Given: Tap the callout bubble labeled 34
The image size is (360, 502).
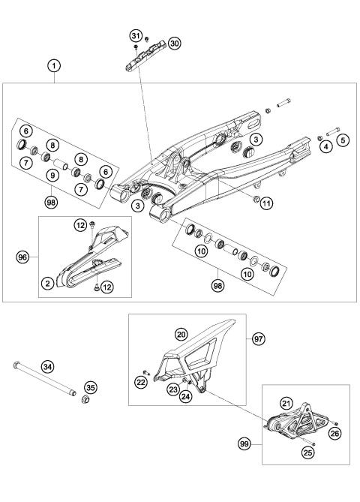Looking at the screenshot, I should coord(47,366).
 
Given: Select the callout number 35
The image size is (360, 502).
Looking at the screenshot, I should coord(91,388).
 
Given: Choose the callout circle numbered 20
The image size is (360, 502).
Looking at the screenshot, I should coord(181,334).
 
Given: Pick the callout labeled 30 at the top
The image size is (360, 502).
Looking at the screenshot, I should coord(174,44).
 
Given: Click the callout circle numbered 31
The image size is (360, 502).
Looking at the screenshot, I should coord(136,36).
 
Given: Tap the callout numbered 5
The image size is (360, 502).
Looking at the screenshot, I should coord(343,139).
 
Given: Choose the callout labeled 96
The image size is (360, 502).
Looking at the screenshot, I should coord(24,257).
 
